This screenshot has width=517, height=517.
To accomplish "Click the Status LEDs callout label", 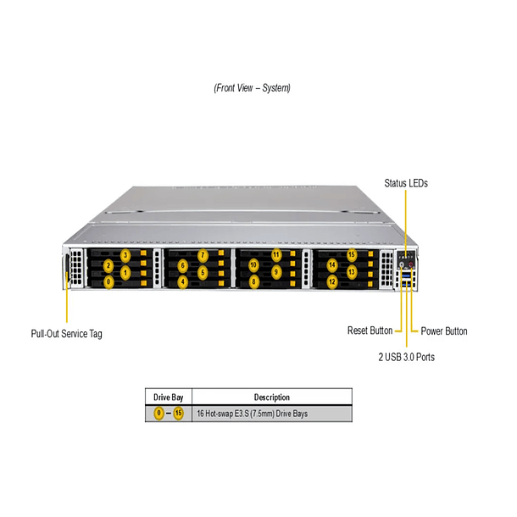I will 405,183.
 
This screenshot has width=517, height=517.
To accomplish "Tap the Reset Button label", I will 370,331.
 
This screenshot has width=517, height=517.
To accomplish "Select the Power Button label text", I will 443,331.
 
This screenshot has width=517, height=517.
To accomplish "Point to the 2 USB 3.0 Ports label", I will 406,357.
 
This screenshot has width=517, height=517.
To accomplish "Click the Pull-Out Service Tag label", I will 66,334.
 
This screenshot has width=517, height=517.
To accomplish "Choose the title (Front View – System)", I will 252,88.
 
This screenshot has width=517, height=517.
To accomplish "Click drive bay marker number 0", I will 108,281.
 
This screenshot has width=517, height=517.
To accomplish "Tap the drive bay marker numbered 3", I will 125,255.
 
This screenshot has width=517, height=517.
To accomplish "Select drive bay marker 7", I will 203,255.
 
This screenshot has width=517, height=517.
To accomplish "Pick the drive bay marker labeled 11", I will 276,255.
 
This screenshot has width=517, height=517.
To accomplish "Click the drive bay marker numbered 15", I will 352,255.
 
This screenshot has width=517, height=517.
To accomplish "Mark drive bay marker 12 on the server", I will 332,281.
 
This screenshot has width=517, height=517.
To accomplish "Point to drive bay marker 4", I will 183,281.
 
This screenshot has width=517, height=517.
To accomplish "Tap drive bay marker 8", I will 254,281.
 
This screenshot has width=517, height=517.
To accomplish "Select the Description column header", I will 271,397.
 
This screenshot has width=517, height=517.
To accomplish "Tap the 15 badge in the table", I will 178,414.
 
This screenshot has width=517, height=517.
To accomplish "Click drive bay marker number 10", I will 254,265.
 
